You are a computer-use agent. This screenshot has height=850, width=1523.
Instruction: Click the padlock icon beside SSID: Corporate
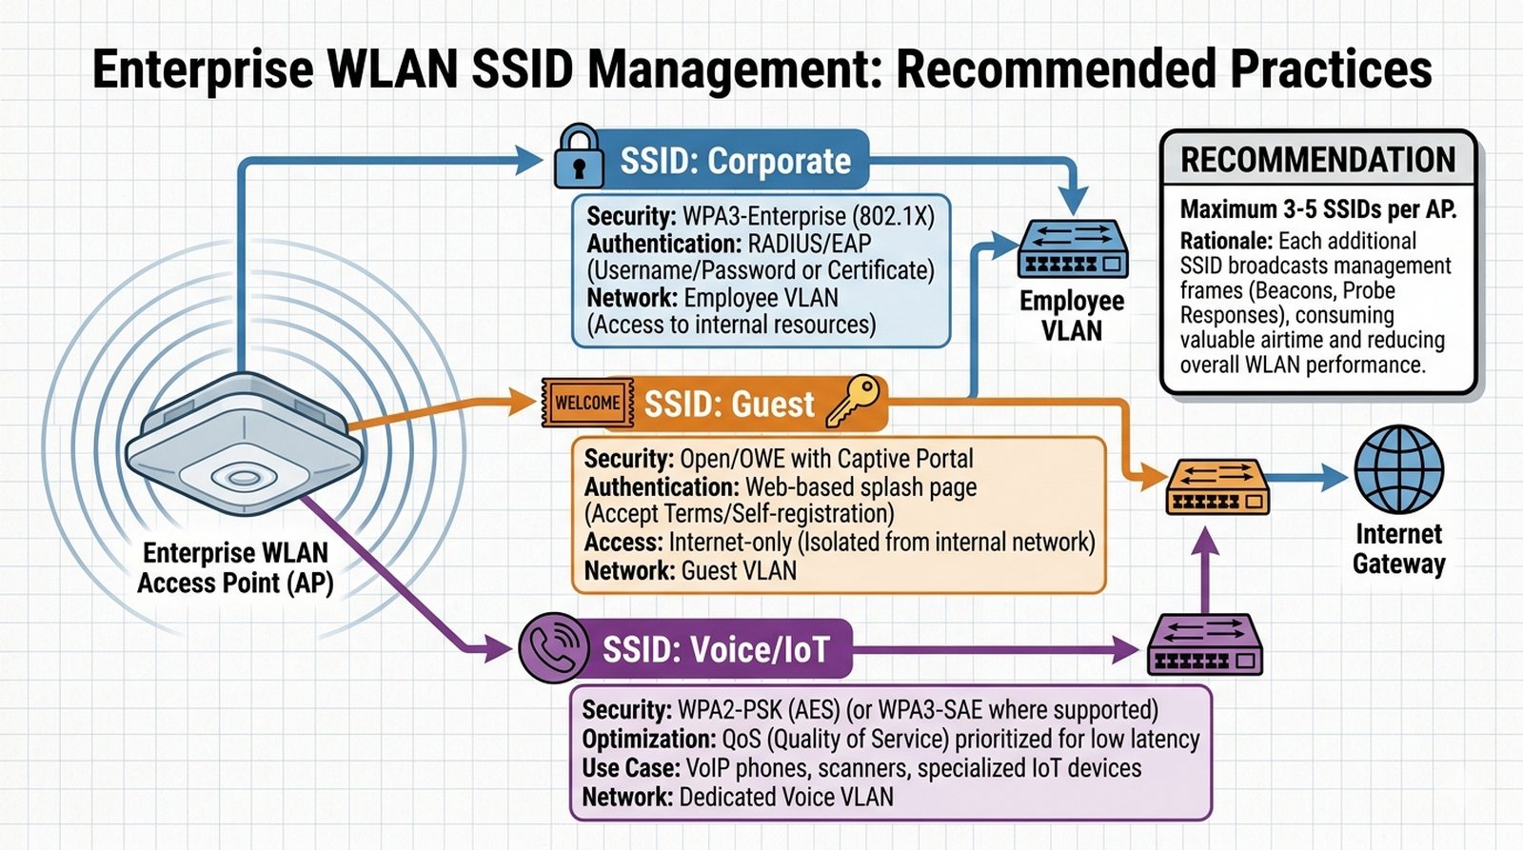(579, 157)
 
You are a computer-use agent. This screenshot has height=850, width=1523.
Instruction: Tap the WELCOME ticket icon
(587, 403)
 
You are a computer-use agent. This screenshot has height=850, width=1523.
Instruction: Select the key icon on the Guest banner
(854, 401)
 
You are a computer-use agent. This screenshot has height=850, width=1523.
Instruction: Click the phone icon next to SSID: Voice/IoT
(553, 648)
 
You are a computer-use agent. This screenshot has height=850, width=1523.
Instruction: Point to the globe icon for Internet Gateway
(1398, 470)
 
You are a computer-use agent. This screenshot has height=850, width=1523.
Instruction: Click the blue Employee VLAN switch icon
(1073, 249)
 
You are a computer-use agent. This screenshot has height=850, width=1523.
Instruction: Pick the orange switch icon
(1217, 486)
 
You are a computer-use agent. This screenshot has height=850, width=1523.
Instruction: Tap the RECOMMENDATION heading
(1318, 160)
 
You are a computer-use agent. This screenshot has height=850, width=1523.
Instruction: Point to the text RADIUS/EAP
(809, 244)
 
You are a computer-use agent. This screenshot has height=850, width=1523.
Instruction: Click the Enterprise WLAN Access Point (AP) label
(235, 568)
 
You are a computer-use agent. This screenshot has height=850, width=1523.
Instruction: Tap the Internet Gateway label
(1398, 548)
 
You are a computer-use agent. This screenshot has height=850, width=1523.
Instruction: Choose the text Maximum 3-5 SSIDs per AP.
(1318, 209)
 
